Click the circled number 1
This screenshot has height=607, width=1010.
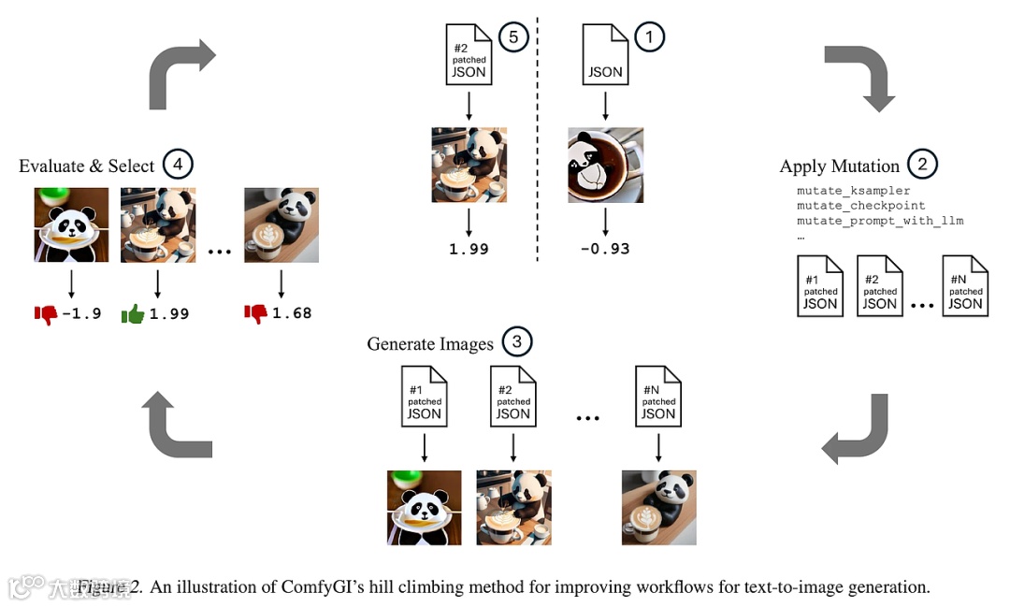pos(649,37)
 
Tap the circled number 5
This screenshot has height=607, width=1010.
pos(513,37)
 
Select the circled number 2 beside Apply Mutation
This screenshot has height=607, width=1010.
pos(922,165)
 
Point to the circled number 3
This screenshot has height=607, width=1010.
pos(516,342)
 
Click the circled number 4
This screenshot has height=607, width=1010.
pos(178,165)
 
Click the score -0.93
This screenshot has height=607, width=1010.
pos(605,249)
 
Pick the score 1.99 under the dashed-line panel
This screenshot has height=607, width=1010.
pos(469,249)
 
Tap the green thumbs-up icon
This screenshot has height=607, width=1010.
pos(133,313)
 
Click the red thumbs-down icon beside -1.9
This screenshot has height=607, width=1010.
pos(45,313)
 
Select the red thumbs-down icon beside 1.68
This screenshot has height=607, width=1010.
pos(255,313)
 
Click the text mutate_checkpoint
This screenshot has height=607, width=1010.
pos(861,206)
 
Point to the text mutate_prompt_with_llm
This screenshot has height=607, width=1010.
pos(880,221)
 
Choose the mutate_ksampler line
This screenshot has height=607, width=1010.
pos(854,191)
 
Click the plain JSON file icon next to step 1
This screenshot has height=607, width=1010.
pos(605,55)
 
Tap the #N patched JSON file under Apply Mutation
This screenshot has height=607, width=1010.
pos(965,286)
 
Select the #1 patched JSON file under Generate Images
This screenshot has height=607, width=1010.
pos(425,397)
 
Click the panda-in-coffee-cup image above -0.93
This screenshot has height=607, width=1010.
pos(605,165)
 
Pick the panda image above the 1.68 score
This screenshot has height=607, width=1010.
pos(281,224)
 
